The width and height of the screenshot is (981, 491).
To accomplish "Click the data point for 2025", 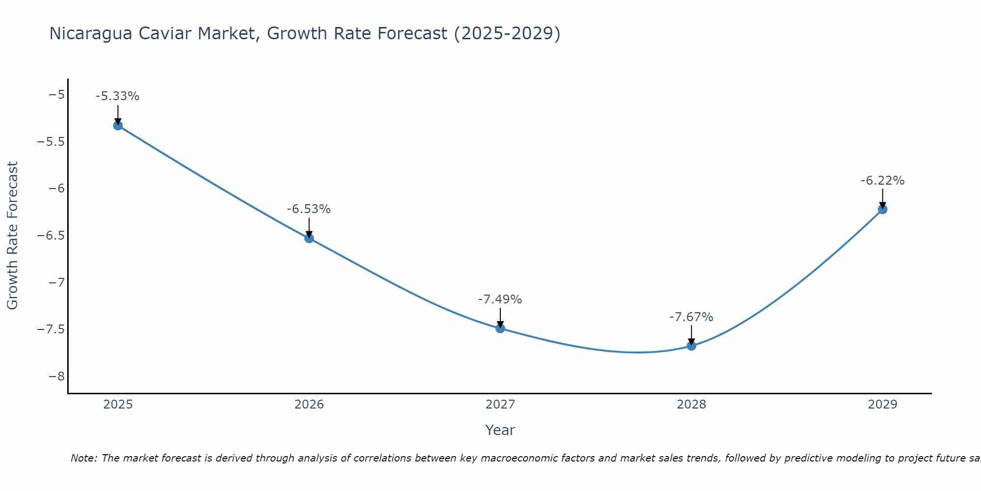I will [x=118, y=126].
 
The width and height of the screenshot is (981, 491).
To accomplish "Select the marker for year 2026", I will [x=309, y=238].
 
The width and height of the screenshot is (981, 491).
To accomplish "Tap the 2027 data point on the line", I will [x=500, y=328].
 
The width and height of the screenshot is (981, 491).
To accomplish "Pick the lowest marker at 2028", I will [x=691, y=346].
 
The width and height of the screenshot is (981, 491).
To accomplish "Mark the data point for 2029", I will [x=882, y=209].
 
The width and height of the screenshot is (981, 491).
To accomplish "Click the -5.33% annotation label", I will [x=117, y=96].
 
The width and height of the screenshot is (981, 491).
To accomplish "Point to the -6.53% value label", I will [x=309, y=209].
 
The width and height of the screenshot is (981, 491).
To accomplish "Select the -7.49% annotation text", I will [x=500, y=300].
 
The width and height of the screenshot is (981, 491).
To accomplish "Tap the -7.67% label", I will [x=691, y=317].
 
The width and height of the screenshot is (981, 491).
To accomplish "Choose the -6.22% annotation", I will [x=882, y=181].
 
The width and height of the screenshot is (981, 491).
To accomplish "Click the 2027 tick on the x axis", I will [x=500, y=405].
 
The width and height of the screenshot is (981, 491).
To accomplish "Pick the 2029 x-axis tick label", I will [x=882, y=405].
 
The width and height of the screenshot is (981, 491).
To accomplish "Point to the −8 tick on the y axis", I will [x=56, y=376].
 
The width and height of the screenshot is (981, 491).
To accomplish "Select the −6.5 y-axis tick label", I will [x=51, y=235].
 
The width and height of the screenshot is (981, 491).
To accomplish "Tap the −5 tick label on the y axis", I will [x=56, y=94].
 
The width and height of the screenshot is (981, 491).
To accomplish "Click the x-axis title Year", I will [x=500, y=430].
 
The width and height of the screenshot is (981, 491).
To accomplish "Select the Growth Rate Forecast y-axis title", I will [x=12, y=236].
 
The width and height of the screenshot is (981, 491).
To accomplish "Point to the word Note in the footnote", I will [x=83, y=458].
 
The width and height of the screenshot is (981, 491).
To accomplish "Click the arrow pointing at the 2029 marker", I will [x=882, y=198].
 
